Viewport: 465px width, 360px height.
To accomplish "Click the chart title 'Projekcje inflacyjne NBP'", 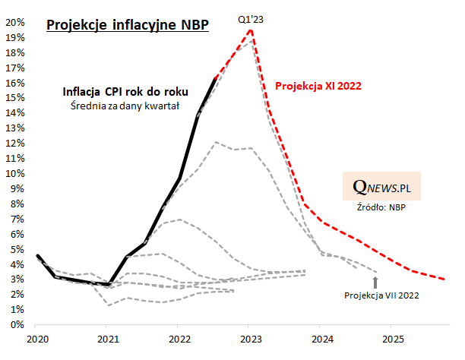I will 127,25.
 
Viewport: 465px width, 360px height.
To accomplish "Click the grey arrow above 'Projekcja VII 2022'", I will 375,282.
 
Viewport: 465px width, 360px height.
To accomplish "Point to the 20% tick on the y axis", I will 15,22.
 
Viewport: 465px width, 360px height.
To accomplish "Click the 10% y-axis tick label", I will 15,173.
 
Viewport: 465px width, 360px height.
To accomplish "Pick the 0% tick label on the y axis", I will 17,324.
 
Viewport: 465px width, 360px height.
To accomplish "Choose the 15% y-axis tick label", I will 15,97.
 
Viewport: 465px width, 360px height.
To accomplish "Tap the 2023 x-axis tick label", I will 250,338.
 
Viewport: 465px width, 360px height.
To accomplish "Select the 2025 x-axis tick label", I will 392,338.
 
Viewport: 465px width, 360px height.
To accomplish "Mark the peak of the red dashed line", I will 251,30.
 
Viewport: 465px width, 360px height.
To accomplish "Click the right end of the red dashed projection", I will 446,279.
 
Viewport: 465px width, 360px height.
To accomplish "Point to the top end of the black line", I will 216,78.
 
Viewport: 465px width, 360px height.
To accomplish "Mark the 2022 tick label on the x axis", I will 179,338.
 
